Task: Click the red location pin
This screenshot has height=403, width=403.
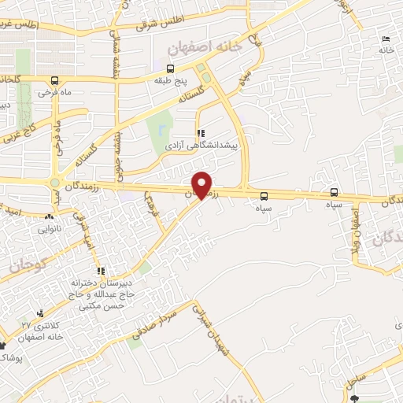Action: coord(202,184)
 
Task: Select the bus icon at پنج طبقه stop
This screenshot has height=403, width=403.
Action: coord(171,68)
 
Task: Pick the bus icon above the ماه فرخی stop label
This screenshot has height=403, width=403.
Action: coord(54,81)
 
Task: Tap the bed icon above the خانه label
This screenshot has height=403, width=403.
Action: coord(385,39)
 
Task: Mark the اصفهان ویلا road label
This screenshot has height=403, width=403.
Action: coord(357,227)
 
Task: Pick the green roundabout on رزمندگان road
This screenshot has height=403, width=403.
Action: coord(56,183)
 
